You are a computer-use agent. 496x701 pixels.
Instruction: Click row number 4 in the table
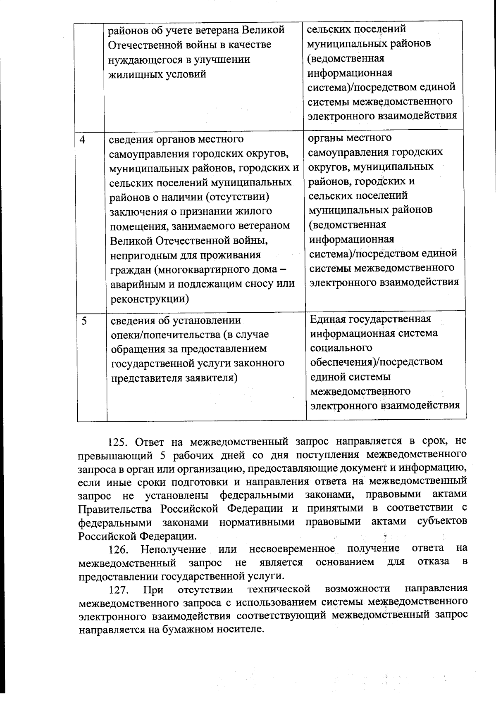click(x=83, y=139)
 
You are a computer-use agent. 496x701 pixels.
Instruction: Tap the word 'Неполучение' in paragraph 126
click(x=173, y=549)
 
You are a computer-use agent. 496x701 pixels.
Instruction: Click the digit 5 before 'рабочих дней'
click(x=161, y=456)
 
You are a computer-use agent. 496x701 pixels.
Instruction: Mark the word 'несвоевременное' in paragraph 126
click(x=292, y=549)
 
